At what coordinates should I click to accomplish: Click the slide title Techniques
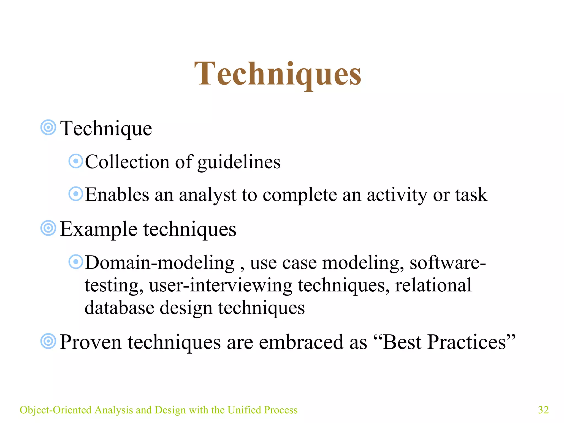[x=278, y=74]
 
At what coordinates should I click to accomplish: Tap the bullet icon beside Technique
[x=48, y=128]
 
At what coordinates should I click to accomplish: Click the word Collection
[x=127, y=162]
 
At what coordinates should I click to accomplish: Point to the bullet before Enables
[x=76, y=194]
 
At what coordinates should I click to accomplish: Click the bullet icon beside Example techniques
[x=48, y=228]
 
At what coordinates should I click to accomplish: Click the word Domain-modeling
[x=160, y=262]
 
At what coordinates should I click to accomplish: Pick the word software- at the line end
[x=448, y=262]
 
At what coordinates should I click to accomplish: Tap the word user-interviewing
[x=221, y=285]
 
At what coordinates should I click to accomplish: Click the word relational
[x=433, y=285]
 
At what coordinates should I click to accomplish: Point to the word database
[x=119, y=308]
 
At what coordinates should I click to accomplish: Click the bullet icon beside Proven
[x=48, y=341]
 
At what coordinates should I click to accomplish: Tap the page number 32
[x=543, y=410]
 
